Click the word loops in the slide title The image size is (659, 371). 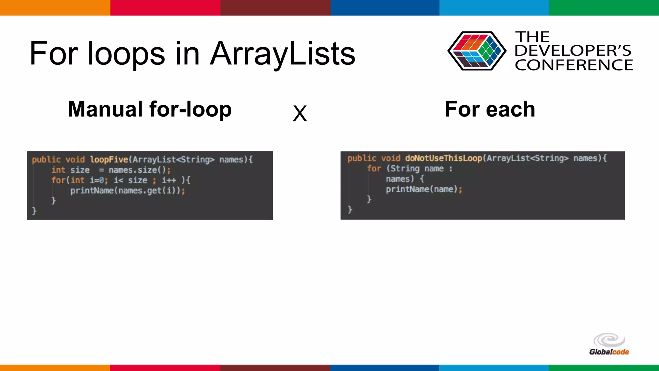click(126, 54)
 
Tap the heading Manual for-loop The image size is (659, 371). click(150, 109)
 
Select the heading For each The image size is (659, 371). click(490, 109)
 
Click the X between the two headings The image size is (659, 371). click(300, 113)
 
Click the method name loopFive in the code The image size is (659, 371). click(109, 159)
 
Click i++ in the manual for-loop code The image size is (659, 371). click(169, 180)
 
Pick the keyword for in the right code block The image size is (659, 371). click(374, 168)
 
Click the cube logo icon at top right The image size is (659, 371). click(477, 51)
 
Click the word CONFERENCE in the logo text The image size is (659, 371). click(574, 65)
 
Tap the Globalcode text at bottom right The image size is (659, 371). click(609, 352)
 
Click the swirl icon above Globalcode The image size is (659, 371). click(609, 340)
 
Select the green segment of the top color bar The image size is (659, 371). click(604, 8)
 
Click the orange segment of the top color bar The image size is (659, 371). click(55, 8)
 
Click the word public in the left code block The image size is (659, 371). click(46, 159)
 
